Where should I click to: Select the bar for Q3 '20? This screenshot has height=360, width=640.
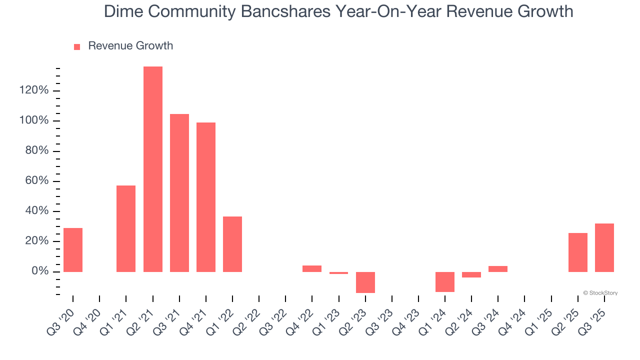coord(73,250)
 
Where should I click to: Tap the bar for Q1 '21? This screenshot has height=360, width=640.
coord(126,228)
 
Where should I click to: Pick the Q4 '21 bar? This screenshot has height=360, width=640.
coord(206,197)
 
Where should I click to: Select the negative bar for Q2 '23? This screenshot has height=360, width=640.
coord(365,282)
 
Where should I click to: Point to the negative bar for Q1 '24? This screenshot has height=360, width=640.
coord(445,281)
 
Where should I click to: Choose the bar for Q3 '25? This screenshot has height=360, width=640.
coord(604,247)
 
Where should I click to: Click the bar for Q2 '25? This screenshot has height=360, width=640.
coord(578,252)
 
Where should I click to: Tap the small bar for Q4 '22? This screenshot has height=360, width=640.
coord(312,268)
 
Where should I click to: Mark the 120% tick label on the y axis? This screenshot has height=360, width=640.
coord(34,90)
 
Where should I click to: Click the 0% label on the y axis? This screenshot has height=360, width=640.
coord(39,271)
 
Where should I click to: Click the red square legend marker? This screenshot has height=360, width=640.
coord(77,47)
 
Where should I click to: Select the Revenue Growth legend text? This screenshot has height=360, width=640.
coord(130,46)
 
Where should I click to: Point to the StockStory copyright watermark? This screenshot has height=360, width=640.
coord(600,293)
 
